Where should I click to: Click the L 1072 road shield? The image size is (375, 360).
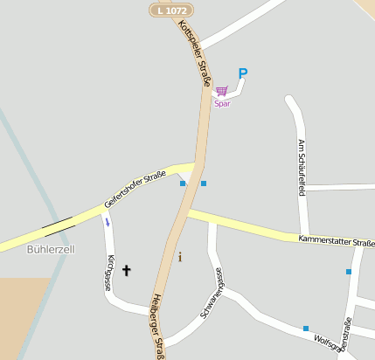170,10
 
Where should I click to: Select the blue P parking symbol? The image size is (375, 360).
243,74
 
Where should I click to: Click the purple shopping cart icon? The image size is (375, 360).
221,90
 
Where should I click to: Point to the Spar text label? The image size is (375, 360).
222,103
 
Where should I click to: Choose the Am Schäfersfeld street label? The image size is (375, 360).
301,167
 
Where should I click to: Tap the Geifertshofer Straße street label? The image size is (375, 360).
135,189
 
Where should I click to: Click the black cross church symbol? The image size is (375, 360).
126,271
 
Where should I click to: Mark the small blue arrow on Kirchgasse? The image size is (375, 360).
108,222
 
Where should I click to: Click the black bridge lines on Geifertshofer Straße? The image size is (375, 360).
58,225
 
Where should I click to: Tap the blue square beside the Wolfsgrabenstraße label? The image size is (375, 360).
306,329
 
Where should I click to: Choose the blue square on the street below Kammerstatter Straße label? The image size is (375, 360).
348,272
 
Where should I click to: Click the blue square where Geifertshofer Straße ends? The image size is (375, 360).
183,183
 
